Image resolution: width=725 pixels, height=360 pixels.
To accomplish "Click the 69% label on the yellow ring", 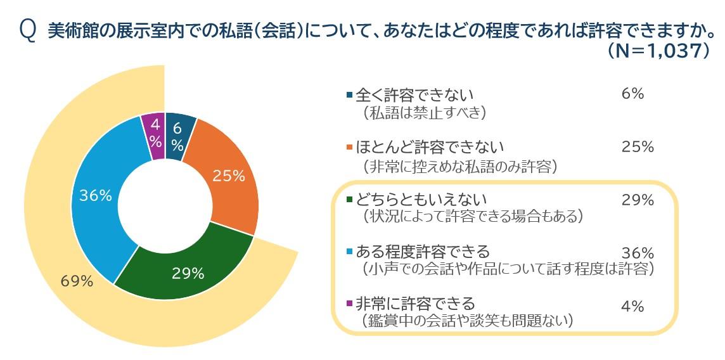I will click(x=77, y=281).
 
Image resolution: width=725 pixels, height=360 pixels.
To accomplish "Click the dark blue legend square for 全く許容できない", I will click(x=349, y=95).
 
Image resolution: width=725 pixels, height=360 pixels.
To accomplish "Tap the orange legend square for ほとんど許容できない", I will click(x=349, y=148).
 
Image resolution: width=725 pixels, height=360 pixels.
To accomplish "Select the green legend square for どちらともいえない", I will click(x=349, y=201).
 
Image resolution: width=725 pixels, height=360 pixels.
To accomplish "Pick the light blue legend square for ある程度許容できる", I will click(x=349, y=252).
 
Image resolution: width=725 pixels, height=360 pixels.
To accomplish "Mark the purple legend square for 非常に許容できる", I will click(x=349, y=304).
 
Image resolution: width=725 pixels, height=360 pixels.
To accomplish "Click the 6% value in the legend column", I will click(x=633, y=94).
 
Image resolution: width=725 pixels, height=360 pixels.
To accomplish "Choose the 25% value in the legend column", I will click(x=637, y=147).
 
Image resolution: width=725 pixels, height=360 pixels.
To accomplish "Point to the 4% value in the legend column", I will click(x=633, y=307).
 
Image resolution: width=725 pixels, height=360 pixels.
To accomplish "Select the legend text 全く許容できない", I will click(x=414, y=95).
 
